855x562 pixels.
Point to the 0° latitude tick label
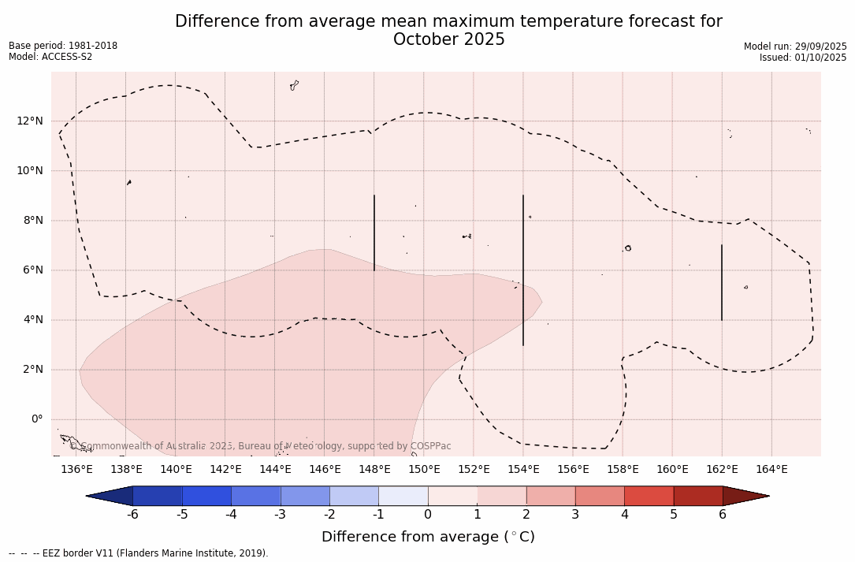pyautogui.click(x=35, y=419)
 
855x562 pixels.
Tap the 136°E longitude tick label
pyautogui.click(x=76, y=470)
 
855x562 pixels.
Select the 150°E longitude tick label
pyautogui.click(x=424, y=470)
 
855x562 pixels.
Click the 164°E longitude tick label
pyautogui.click(x=771, y=470)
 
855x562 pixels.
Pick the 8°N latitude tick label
pyautogui.click(x=33, y=221)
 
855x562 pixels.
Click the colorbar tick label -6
pyautogui.click(x=132, y=515)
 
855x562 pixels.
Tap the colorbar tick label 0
pyautogui.click(x=428, y=515)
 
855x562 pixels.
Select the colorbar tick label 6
pyautogui.click(x=723, y=515)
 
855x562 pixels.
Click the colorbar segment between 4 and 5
pyautogui.click(x=649, y=496)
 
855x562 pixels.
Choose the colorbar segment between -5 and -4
pyautogui.click(x=206, y=496)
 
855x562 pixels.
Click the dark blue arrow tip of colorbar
pyautogui.click(x=110, y=496)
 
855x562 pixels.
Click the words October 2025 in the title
pyautogui.click(x=448, y=40)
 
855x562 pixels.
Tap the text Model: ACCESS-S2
pyautogui.click(x=50, y=57)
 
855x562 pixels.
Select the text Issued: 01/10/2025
pyautogui.click(x=802, y=58)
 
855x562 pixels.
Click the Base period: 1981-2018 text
pyautogui.click(x=63, y=46)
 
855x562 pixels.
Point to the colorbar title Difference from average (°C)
pyautogui.click(x=428, y=537)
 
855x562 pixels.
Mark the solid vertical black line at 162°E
pyautogui.click(x=722, y=282)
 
